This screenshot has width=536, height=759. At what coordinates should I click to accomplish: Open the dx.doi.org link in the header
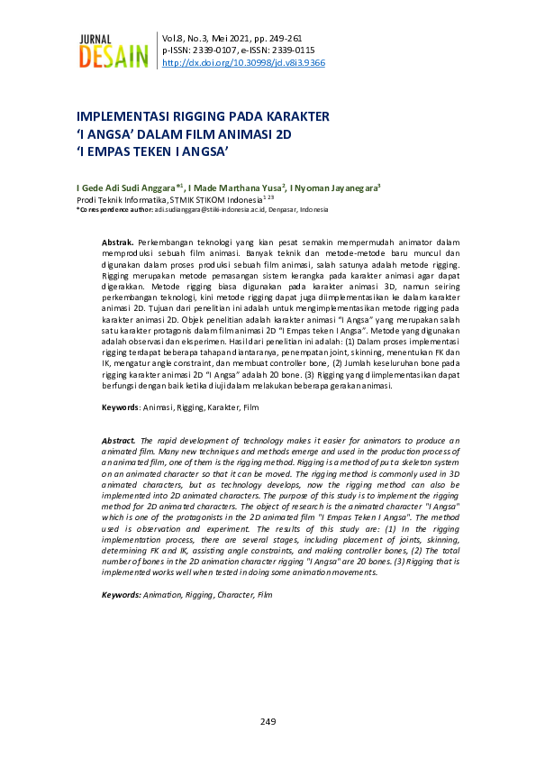243,63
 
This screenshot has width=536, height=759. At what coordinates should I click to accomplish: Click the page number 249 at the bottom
268,721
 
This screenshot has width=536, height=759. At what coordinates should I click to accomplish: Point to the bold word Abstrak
118,243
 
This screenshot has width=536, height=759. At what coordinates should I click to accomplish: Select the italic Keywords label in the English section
122,595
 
